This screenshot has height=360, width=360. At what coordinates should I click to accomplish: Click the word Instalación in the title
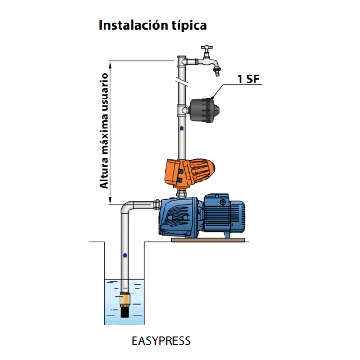(130, 25)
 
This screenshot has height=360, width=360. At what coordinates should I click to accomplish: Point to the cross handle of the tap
(207, 48)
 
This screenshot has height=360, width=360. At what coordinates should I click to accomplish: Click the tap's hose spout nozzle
(217, 72)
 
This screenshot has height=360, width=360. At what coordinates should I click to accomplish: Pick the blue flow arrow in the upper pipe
(181, 127)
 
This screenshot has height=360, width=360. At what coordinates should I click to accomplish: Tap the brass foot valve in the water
(125, 298)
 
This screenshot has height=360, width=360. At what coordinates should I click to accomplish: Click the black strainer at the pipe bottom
(125, 311)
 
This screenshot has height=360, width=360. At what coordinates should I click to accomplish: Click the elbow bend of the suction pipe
(127, 208)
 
